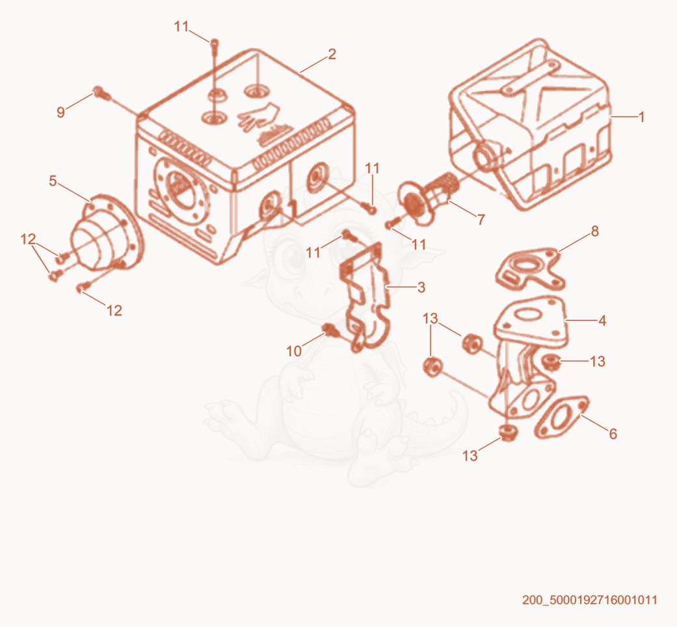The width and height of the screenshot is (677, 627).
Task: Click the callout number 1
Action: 641,117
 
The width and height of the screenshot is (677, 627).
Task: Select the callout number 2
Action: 332,54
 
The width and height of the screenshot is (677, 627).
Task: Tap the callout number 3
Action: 421,287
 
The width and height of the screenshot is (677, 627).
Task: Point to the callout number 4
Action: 602,320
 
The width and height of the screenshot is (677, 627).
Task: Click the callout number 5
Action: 53,181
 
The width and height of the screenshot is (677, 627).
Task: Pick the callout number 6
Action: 613,434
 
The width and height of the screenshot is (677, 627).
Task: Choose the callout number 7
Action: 481,220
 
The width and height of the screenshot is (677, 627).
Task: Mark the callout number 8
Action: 595,231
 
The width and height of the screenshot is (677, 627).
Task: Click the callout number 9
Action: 61,112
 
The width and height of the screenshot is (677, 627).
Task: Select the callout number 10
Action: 294,351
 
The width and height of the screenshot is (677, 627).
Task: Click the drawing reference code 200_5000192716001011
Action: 589,600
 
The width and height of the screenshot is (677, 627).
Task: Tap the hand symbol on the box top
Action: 258,116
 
